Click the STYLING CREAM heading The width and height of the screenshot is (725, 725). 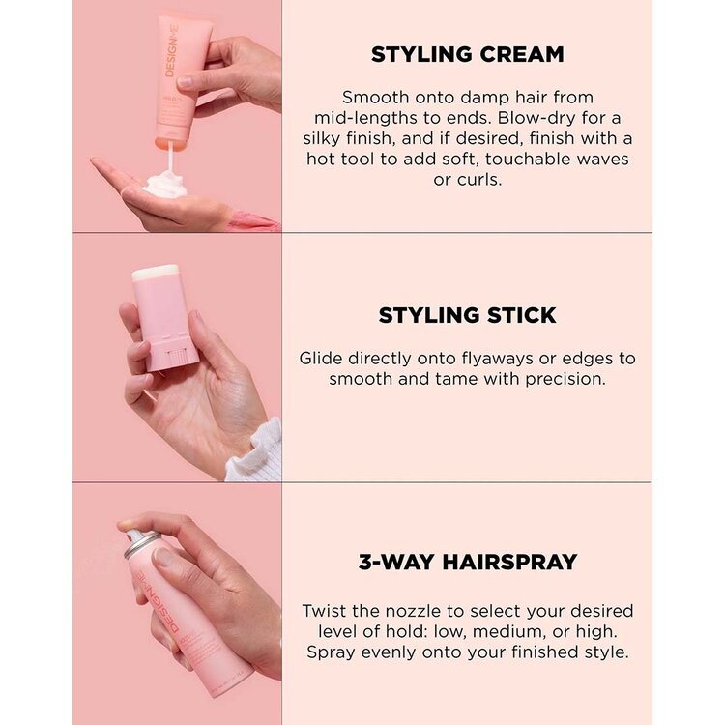coord(467,55)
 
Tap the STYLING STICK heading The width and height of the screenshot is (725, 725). coord(467,316)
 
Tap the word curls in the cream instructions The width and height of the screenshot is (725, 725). coord(480,180)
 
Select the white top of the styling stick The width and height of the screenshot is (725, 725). coord(155,274)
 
